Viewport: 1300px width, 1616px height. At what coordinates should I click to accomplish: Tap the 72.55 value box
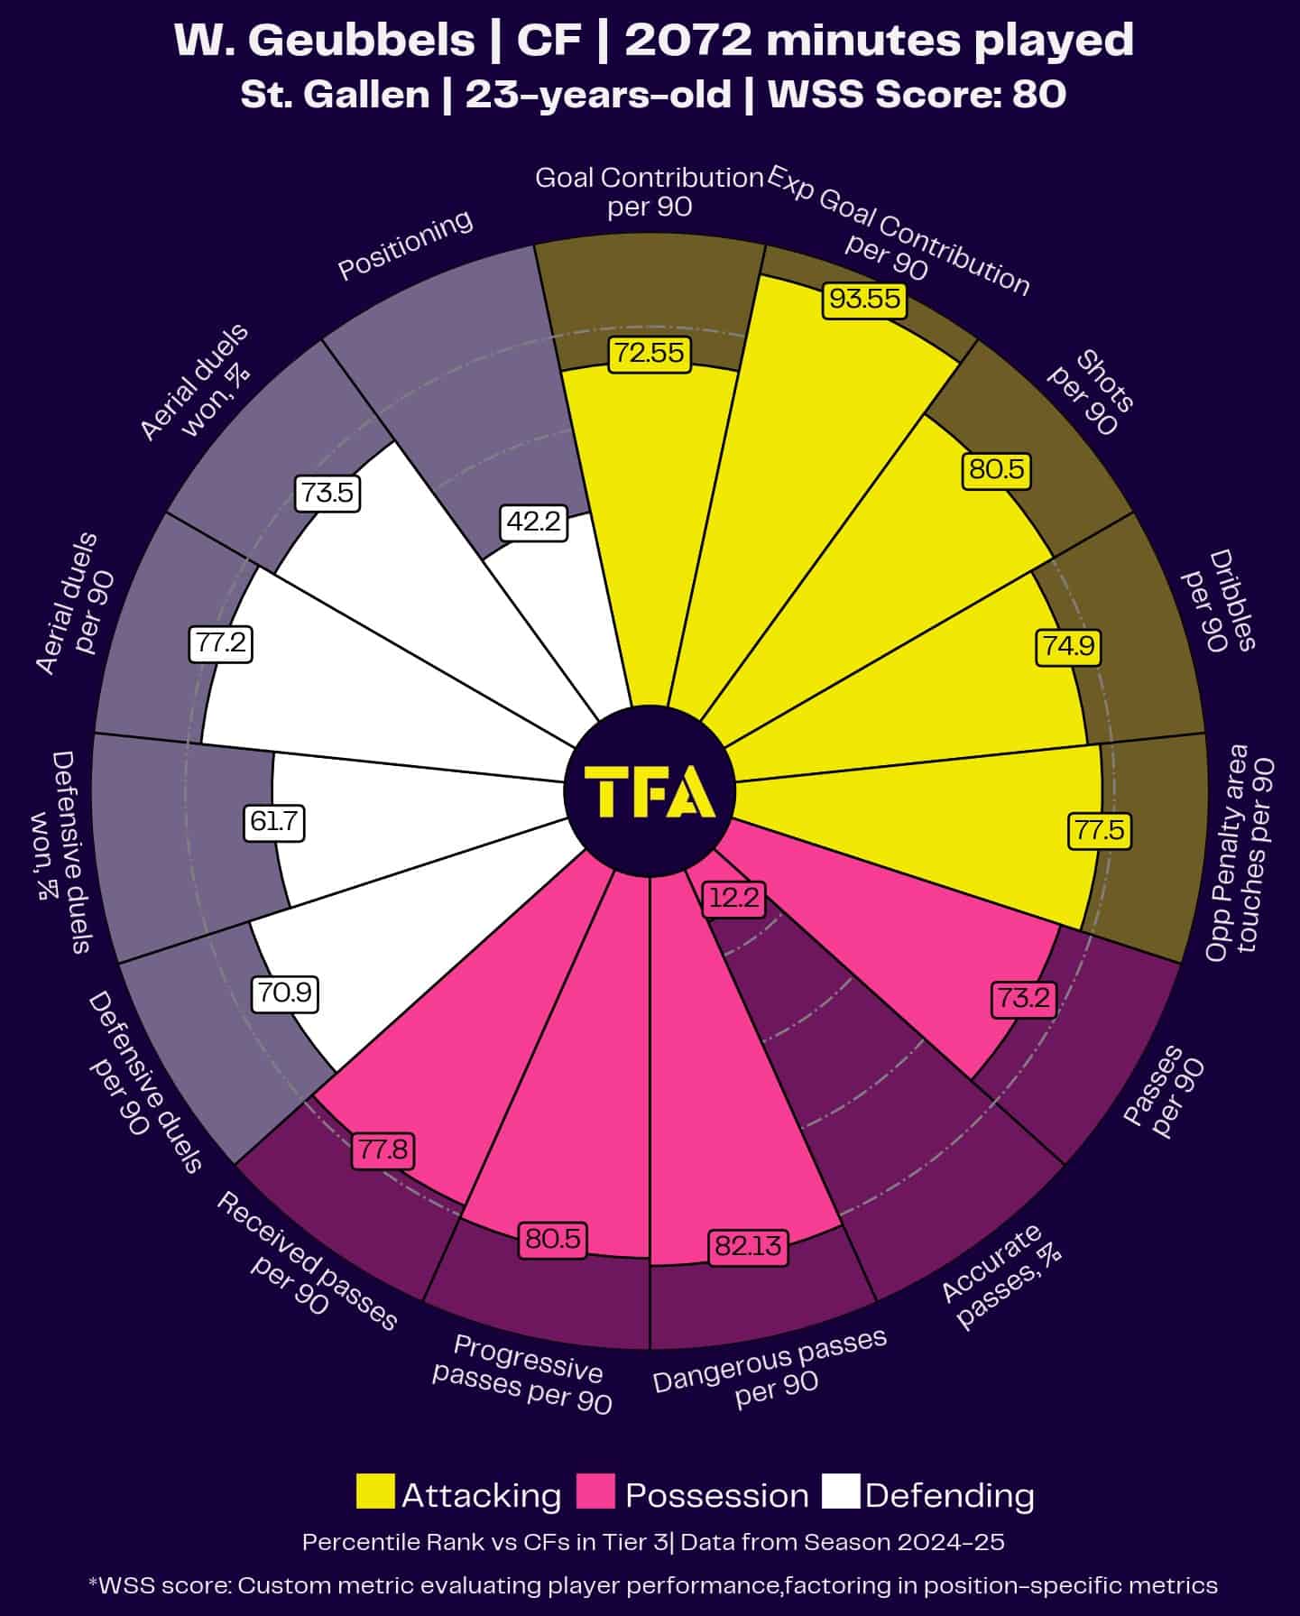tap(649, 353)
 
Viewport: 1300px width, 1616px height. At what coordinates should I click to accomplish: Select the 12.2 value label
tap(734, 899)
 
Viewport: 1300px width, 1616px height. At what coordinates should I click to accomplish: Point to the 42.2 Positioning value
tap(534, 522)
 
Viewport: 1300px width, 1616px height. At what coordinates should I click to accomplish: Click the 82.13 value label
tap(747, 1246)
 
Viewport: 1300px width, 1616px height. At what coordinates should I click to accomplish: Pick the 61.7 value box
tap(274, 822)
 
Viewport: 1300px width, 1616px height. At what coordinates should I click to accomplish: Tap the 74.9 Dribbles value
tap(1067, 646)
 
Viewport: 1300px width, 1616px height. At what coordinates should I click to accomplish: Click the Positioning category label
tap(405, 245)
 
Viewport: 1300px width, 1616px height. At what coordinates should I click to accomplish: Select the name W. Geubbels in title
tap(324, 41)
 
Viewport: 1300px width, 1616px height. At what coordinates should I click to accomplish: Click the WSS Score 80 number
tap(1038, 94)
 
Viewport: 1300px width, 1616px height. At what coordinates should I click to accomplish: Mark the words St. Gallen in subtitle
tap(335, 94)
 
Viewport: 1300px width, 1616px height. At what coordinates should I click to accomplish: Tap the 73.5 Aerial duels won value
tap(327, 494)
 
